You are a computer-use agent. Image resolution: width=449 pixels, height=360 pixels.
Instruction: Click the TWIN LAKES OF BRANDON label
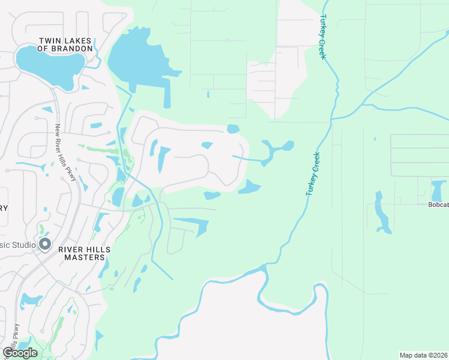pos(65,44)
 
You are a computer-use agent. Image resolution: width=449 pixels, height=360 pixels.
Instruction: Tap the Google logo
pos(20,353)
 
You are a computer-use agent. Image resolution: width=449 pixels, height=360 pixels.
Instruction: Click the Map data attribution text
pos(423,355)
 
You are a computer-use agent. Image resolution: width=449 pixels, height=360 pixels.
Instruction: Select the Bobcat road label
pos(438,205)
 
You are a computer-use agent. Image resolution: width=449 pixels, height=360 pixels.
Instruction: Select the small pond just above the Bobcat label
pos(438,191)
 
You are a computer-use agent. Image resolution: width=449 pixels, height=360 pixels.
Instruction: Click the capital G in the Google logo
pos(8,353)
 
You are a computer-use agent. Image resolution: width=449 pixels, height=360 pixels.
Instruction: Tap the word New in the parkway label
pos(58,130)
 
